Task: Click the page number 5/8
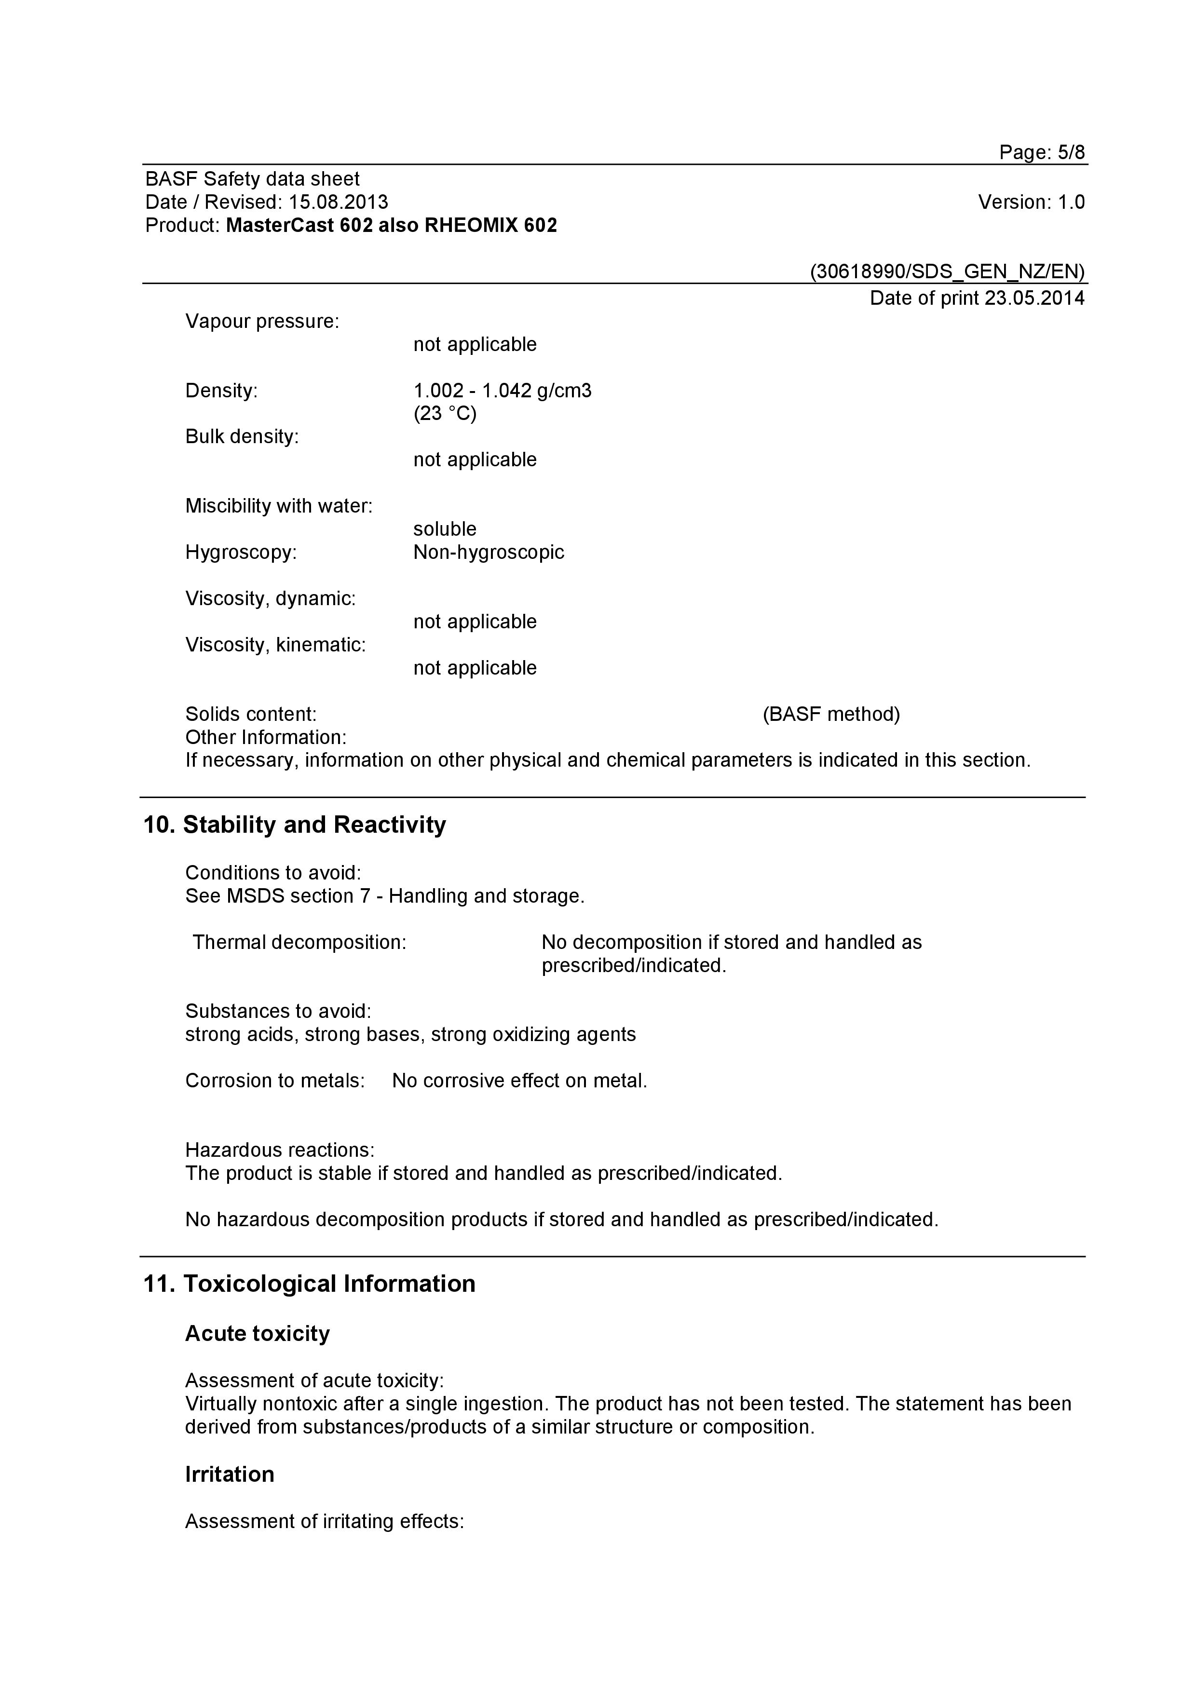tap(1071, 152)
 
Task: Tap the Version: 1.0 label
tap(1031, 202)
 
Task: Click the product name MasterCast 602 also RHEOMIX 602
tap(391, 226)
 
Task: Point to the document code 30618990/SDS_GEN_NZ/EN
tap(948, 272)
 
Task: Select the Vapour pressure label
tap(261, 321)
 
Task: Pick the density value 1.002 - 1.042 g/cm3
tap(502, 391)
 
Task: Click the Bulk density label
tap(242, 436)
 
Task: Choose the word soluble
tap(444, 529)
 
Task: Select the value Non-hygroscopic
tap(489, 552)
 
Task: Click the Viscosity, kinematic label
tap(275, 645)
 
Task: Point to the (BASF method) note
tap(831, 714)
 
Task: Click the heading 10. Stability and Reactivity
tap(294, 825)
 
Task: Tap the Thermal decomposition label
tap(299, 943)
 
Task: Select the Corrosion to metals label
tap(275, 1081)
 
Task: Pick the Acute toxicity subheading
tap(257, 1334)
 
